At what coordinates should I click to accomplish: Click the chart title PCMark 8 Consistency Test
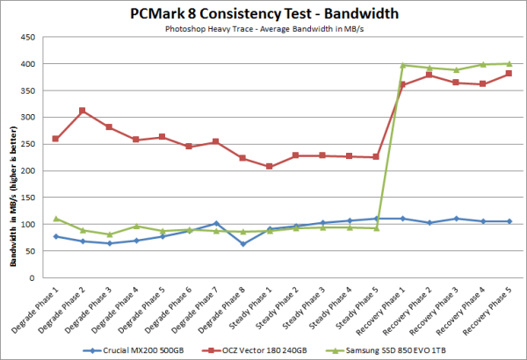click(263, 14)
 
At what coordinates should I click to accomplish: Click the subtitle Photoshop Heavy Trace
click(263, 28)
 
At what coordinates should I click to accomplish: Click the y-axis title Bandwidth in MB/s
click(11, 158)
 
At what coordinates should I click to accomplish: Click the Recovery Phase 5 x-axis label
click(492, 306)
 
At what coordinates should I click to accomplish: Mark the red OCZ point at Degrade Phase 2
click(82, 111)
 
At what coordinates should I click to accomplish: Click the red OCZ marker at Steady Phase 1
click(270, 167)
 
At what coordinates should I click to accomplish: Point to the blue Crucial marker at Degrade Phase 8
click(242, 243)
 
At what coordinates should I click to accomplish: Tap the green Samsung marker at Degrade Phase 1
click(56, 219)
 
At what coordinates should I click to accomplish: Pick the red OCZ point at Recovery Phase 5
click(509, 74)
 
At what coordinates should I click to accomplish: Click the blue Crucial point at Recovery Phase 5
click(509, 221)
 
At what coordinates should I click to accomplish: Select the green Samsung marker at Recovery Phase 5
click(509, 63)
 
